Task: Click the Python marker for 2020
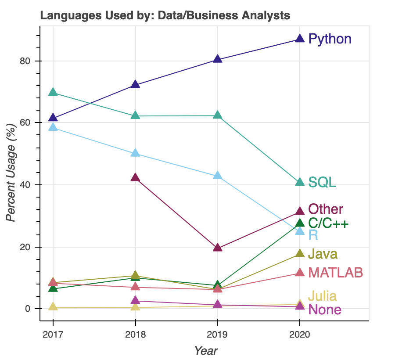click(x=300, y=39)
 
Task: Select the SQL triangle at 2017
click(x=53, y=92)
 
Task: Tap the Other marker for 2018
click(x=135, y=177)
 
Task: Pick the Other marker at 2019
click(x=217, y=248)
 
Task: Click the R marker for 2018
click(x=135, y=153)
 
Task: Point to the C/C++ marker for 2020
click(x=300, y=223)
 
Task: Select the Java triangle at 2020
click(x=300, y=254)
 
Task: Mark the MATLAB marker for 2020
click(x=300, y=273)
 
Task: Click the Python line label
click(x=330, y=39)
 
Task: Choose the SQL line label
click(x=322, y=182)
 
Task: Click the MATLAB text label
click(x=336, y=273)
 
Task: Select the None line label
click(x=325, y=310)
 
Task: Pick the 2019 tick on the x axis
click(x=217, y=335)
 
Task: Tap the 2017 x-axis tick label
click(x=53, y=335)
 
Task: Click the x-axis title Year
click(x=206, y=351)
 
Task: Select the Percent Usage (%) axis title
click(x=12, y=174)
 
